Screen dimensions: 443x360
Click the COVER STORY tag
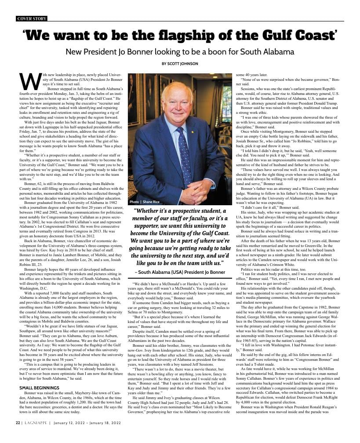(31, 18)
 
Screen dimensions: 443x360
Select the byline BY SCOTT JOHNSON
(180, 64)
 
